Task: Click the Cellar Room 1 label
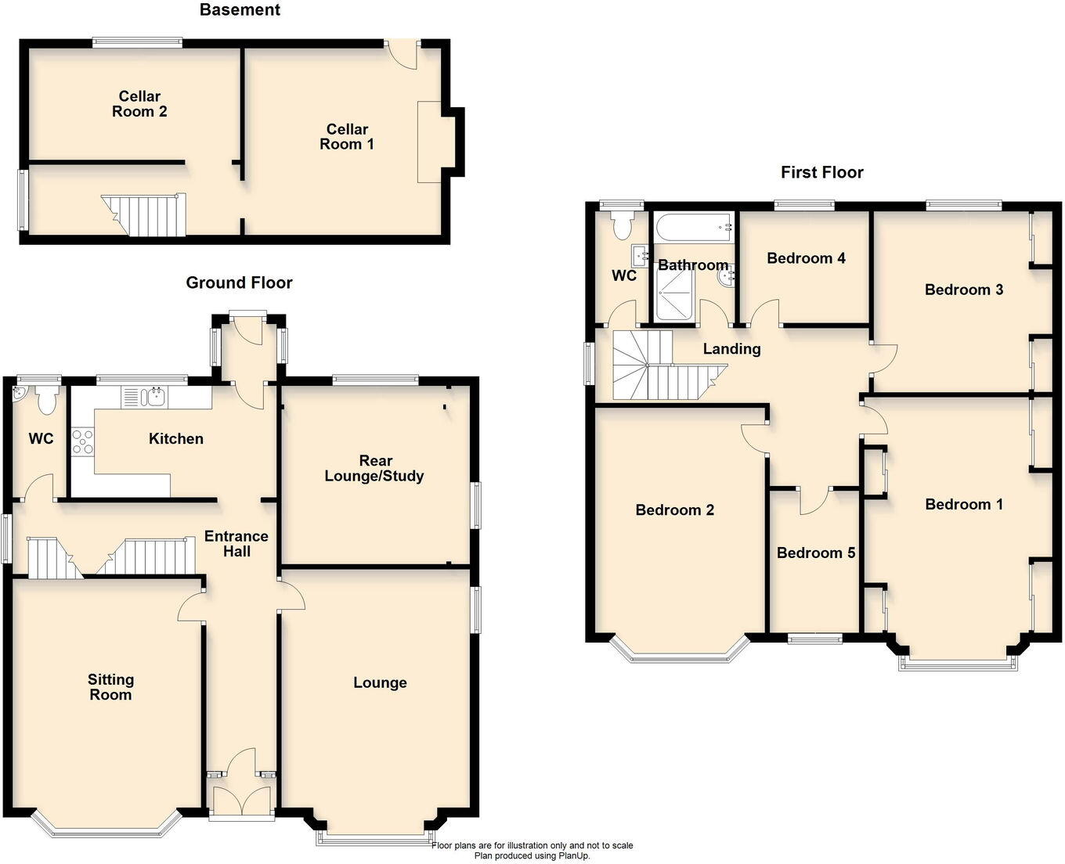[347, 136]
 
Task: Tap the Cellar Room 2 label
[139, 104]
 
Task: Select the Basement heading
[240, 10]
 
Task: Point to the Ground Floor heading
[239, 283]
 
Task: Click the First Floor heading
[821, 172]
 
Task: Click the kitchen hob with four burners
[82, 442]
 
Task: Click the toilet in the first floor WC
[623, 226]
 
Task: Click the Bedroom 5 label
[815, 553]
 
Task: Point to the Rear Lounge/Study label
[374, 468]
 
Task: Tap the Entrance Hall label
[236, 543]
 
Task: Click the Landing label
[731, 349]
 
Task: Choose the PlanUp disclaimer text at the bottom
[532, 851]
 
